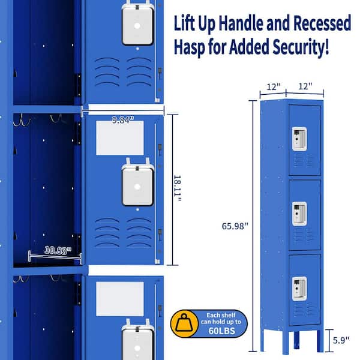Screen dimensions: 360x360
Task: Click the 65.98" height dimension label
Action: coord(235,226)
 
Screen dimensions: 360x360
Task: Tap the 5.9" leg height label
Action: coord(341,340)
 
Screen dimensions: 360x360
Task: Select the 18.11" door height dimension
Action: coord(178,188)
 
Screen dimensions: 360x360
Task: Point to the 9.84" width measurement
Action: coord(122,119)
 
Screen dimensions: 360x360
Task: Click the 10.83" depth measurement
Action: coord(58,250)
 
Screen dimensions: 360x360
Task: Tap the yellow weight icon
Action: coord(184,324)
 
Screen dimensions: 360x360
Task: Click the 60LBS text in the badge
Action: coord(221,331)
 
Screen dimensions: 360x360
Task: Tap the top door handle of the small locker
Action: coord(299,139)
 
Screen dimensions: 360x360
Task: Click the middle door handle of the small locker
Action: coord(299,214)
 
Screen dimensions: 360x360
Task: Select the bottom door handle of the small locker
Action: coord(299,289)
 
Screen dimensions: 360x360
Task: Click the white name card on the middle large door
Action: coord(120,138)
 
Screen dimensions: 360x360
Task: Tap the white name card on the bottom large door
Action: coord(120,299)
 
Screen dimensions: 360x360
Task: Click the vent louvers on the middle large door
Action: coord(123,232)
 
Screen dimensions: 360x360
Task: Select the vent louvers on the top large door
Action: coord(123,72)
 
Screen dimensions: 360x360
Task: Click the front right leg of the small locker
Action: coord(320,341)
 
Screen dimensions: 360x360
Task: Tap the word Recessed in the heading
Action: coord(322,23)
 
